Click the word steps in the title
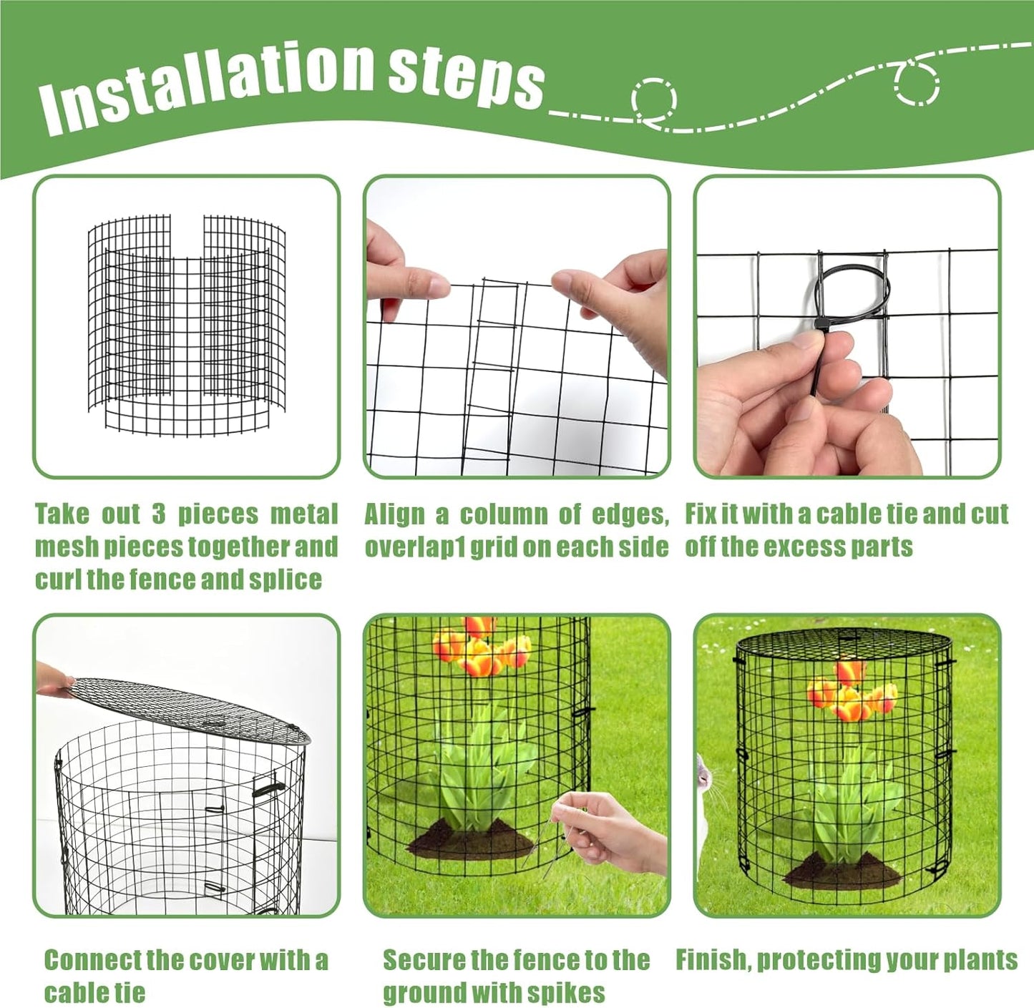(x=466, y=77)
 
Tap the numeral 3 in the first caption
(x=158, y=514)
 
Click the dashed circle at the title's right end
(x=917, y=83)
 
